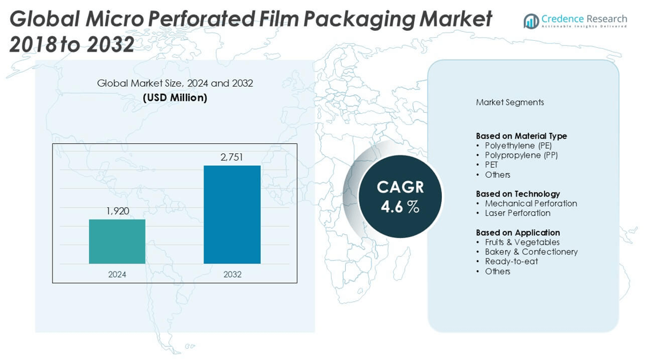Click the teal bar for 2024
[x=117, y=241]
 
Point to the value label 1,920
[x=117, y=211]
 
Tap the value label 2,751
[x=232, y=157]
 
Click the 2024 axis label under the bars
[x=117, y=274]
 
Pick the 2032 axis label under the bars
[x=232, y=274]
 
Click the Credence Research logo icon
[x=531, y=21]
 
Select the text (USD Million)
[x=175, y=98]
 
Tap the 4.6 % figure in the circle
[x=400, y=207]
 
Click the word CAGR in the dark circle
[x=401, y=187]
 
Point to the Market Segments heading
[x=510, y=103]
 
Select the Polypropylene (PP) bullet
[x=521, y=155]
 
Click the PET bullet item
[x=491, y=165]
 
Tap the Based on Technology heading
[x=517, y=194]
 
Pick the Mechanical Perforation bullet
[x=531, y=204]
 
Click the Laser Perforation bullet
[x=517, y=213]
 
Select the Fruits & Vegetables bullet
[x=522, y=243]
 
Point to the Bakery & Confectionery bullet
[x=531, y=252]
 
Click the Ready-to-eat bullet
[x=511, y=261]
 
